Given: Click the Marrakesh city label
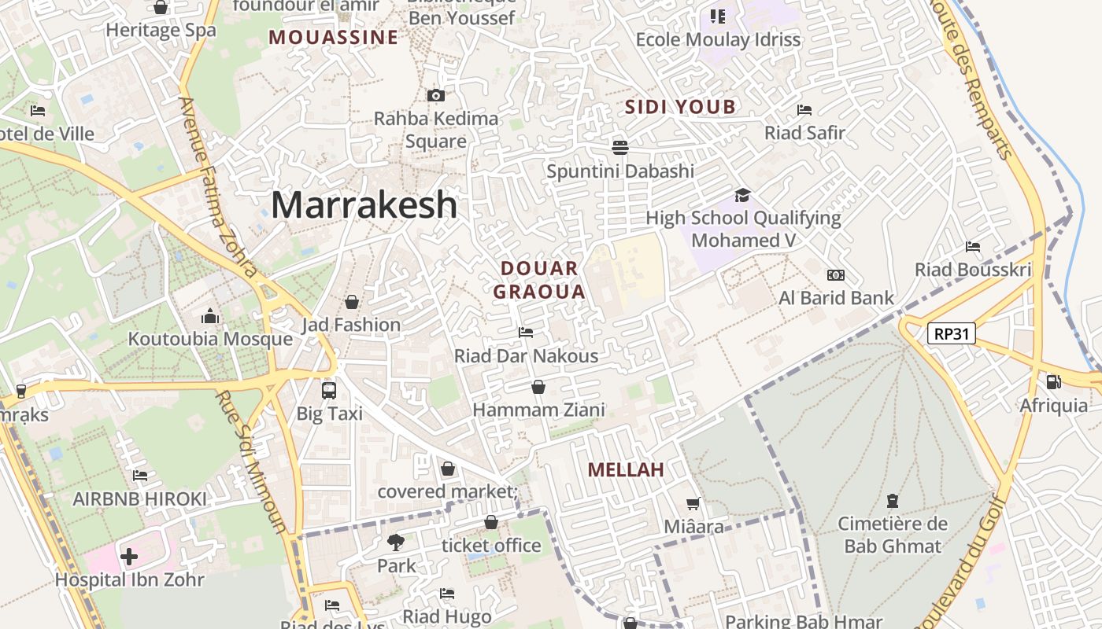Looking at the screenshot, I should pyautogui.click(x=364, y=205).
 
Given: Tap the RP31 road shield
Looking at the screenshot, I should pyautogui.click(x=952, y=334).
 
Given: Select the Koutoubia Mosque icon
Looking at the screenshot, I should pyautogui.click(x=210, y=317).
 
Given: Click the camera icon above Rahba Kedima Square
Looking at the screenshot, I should pyautogui.click(x=435, y=96).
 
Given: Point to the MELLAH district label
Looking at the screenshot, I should pyautogui.click(x=627, y=470).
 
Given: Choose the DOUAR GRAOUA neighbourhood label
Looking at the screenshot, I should pyautogui.click(x=539, y=280).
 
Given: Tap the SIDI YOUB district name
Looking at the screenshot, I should pyautogui.click(x=680, y=107).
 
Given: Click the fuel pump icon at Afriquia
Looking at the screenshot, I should pyautogui.click(x=1053, y=382).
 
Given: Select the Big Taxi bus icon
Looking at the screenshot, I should pyautogui.click(x=329, y=390).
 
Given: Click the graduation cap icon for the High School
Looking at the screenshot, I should pyautogui.click(x=742, y=195).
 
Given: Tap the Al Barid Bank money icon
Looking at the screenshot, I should pyautogui.click(x=836, y=275).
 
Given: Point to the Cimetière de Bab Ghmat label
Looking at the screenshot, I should pyautogui.click(x=892, y=535).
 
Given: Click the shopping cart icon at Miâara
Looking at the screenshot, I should pyautogui.click(x=693, y=504).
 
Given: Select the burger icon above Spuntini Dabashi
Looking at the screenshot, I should pyautogui.click(x=620, y=147).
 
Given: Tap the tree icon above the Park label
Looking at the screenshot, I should pyautogui.click(x=396, y=542).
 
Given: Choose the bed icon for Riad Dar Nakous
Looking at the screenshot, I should pyautogui.click(x=526, y=333).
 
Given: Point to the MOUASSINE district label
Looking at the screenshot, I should pyautogui.click(x=333, y=37).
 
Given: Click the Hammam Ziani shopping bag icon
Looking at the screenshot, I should pyautogui.click(x=538, y=387).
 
